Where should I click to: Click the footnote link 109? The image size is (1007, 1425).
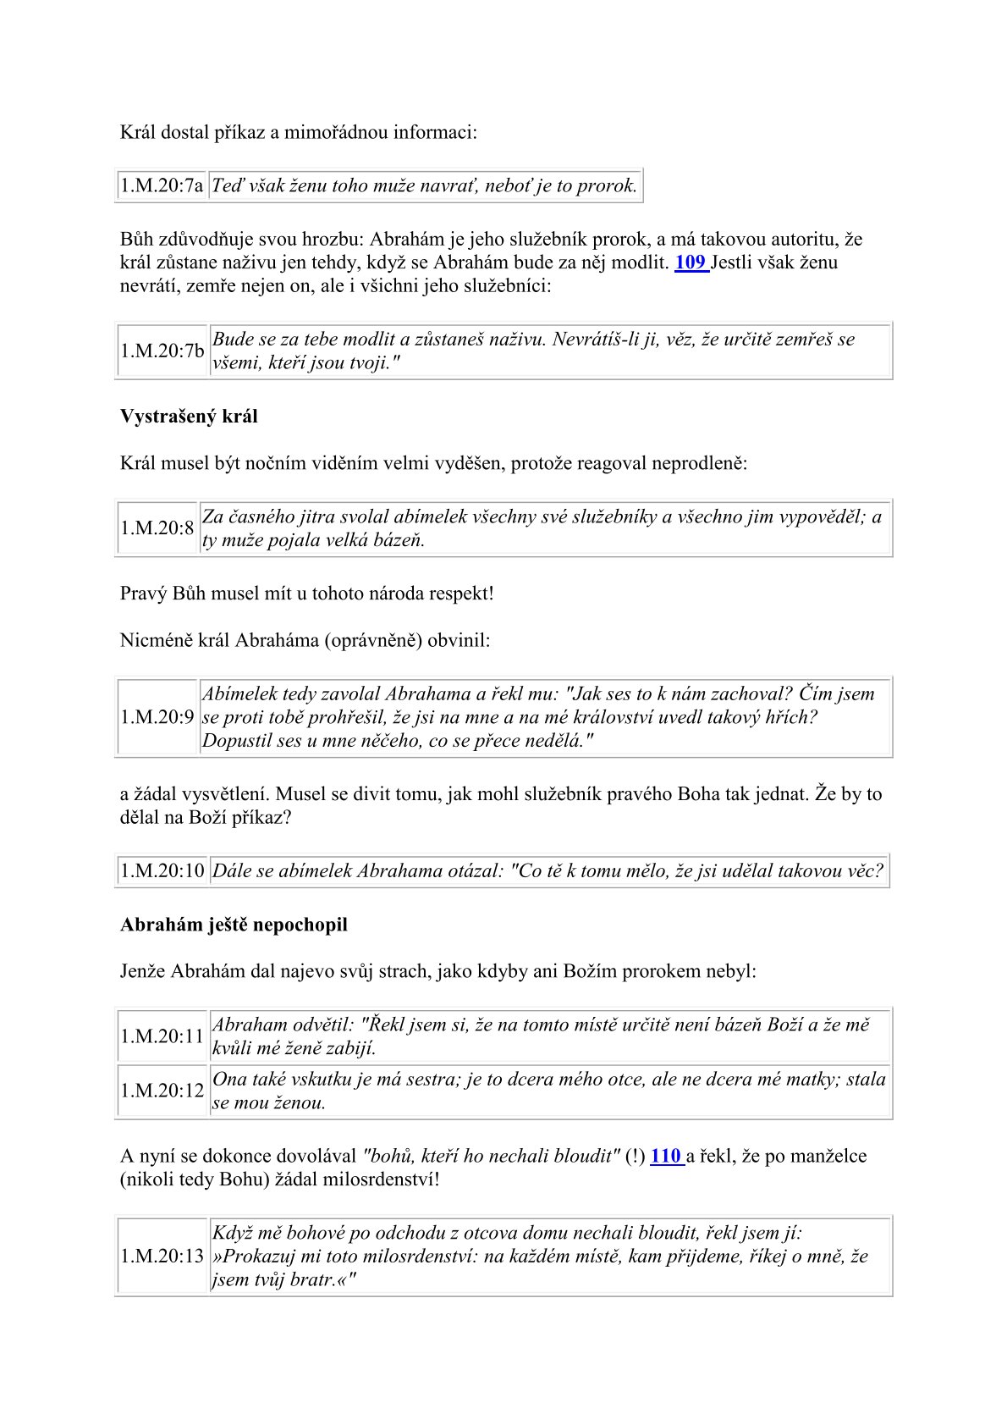pos(690,262)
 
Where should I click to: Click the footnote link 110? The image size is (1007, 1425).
pos(665,1156)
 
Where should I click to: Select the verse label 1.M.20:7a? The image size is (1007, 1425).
pos(162,185)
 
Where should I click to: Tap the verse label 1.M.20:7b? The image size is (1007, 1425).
pos(162,351)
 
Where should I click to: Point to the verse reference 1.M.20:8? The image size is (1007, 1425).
pos(157,528)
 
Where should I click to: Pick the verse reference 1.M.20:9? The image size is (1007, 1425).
pos(157,717)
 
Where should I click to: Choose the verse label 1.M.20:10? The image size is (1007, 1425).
pos(162,870)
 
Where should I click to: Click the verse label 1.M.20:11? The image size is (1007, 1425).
pos(162,1036)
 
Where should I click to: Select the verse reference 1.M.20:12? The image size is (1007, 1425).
pos(162,1091)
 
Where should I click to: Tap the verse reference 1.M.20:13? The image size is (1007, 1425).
pos(162,1256)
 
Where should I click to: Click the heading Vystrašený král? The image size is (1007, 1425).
pos(189,417)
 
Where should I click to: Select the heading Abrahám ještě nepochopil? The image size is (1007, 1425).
pos(234,925)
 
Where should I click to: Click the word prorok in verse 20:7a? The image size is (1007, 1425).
pos(606,185)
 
